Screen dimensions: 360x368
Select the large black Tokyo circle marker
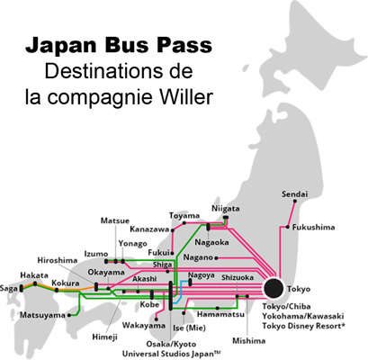coord(274,289)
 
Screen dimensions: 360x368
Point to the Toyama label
coord(184,216)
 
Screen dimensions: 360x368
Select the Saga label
coord(11,288)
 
